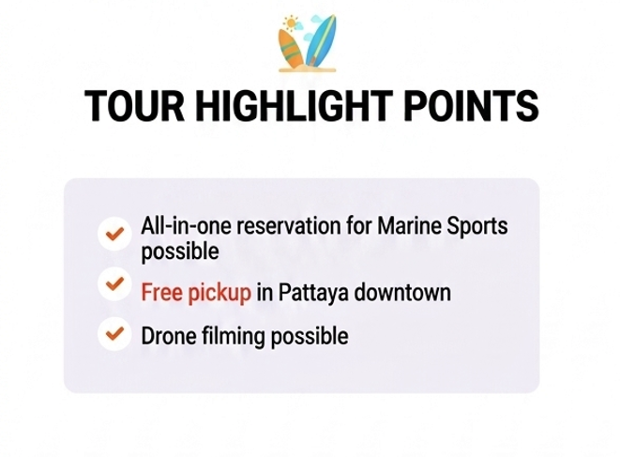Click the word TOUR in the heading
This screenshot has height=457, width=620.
tap(135, 106)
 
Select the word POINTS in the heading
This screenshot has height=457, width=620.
tap(471, 106)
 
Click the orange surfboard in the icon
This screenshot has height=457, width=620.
tap(292, 49)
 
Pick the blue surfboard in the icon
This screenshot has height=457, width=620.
tap(321, 41)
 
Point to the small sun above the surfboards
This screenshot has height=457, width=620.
tap(291, 23)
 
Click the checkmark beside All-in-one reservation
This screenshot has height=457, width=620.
tap(114, 234)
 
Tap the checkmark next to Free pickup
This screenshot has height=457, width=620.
tap(114, 283)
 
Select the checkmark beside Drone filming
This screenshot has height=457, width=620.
tap(114, 333)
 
